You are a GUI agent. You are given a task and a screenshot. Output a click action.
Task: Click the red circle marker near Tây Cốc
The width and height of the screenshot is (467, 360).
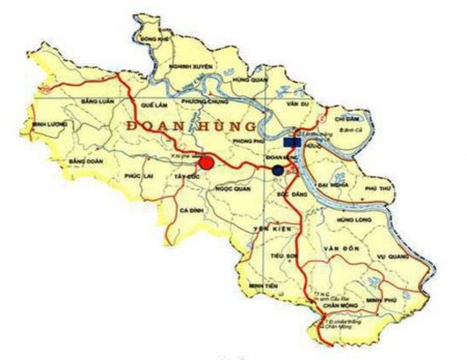coord(207,163)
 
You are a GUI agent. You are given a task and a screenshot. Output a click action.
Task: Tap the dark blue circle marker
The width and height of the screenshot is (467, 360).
coord(277,170)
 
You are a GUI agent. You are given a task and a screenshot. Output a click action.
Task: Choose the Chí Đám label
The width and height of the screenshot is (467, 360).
coord(348,119)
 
